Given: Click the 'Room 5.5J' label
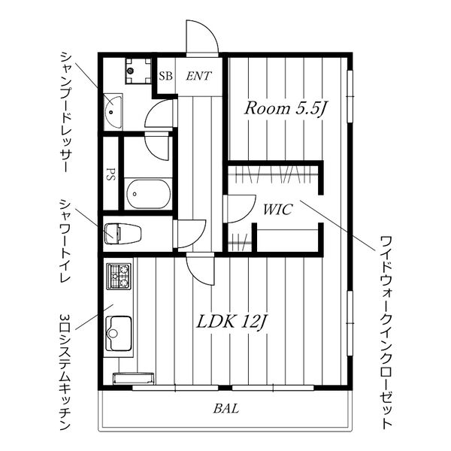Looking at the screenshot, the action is [286, 109].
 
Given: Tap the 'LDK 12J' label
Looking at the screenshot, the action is [232, 322].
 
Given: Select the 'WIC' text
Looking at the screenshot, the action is [278, 210].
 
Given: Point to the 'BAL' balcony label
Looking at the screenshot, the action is [226, 408].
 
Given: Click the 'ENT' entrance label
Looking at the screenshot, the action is [198, 76].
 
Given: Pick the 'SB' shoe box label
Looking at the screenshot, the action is [165, 76].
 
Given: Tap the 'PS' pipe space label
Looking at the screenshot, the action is [110, 174].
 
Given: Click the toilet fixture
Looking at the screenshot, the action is [123, 234].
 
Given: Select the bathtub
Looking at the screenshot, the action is [149, 194].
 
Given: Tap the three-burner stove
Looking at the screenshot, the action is [119, 277].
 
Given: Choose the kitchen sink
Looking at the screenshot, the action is [119, 334].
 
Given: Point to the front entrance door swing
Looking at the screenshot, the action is [202, 37].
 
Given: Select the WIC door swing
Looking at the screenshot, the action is [240, 209].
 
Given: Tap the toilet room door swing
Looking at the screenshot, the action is [190, 234].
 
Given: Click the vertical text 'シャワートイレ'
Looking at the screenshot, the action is [65, 241].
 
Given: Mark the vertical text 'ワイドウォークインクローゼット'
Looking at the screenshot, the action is [386, 333].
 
